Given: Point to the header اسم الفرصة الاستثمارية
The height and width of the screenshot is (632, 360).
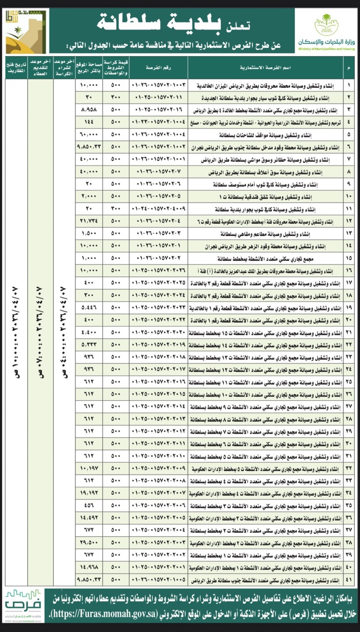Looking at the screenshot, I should click(x=265, y=68).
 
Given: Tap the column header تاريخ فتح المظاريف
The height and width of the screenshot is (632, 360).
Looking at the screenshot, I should click(x=16, y=68).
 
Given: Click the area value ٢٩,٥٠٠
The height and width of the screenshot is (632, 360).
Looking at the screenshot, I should click(x=89, y=543).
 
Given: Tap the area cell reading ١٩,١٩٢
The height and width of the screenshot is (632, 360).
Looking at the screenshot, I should click(x=89, y=494).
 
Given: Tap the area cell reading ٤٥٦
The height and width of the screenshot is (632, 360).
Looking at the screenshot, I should click(x=89, y=506).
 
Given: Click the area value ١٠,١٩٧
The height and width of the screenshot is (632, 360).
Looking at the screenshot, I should click(x=89, y=469).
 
